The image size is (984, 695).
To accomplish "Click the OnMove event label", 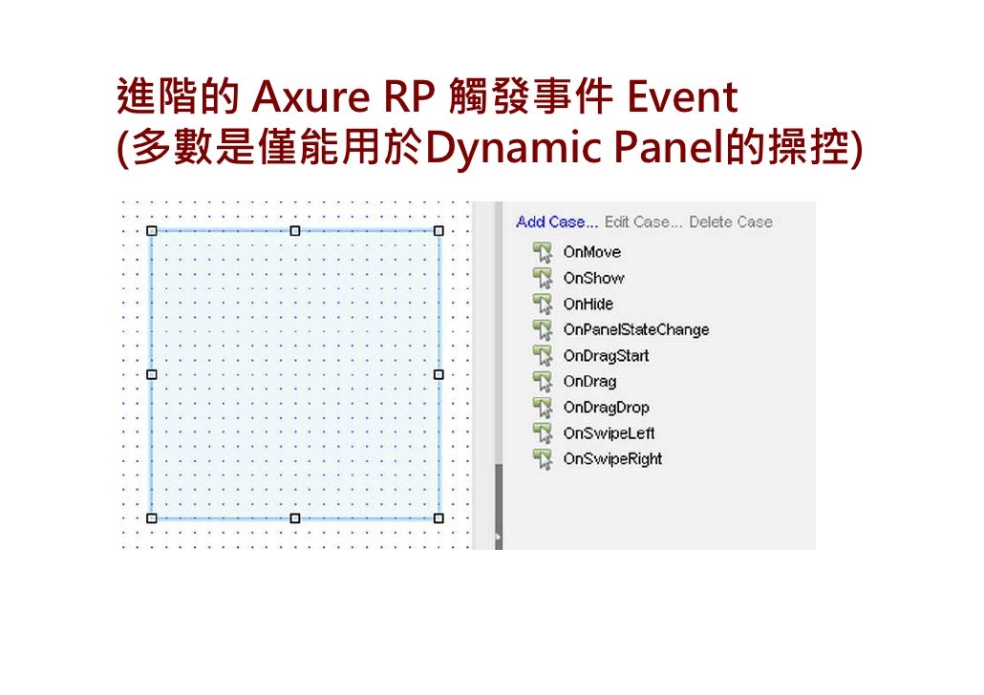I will (x=591, y=252).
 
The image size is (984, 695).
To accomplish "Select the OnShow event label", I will (x=593, y=278).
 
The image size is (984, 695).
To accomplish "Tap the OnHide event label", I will (x=588, y=304).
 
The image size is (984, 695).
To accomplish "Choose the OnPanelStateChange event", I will (x=635, y=329).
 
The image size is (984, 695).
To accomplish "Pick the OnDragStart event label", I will (x=606, y=355).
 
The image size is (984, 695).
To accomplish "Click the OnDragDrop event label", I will (x=606, y=407).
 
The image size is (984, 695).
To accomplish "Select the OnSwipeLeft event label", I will (x=609, y=432).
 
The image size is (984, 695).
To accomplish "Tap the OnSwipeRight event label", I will (x=612, y=458).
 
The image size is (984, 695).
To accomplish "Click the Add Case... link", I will (x=557, y=221).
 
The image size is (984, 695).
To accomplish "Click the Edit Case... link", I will (x=643, y=221).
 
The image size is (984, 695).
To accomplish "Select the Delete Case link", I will (x=730, y=221).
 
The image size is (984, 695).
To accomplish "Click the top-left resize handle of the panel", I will (x=151, y=231).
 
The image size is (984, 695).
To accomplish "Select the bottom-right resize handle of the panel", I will (x=439, y=517).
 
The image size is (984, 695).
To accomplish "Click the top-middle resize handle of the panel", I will (x=294, y=231).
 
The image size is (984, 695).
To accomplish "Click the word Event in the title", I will (x=682, y=98).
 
